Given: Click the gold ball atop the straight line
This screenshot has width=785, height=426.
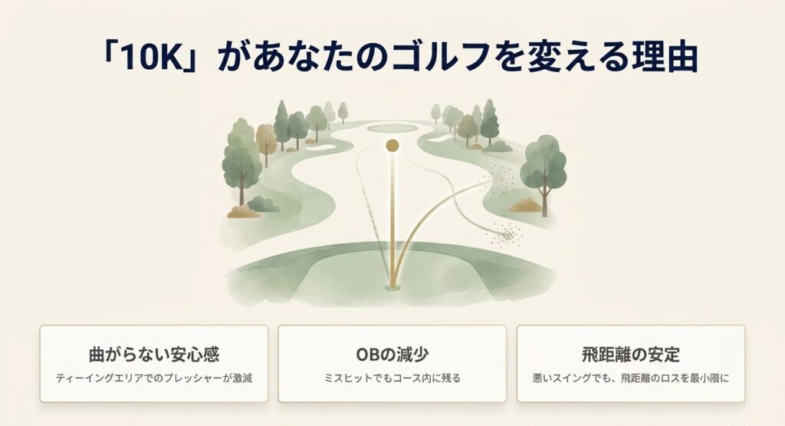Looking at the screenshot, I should tap(392, 145).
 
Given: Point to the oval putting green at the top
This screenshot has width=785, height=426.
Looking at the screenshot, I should tap(392, 127).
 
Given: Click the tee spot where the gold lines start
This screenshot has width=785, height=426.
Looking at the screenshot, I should tap(392, 287).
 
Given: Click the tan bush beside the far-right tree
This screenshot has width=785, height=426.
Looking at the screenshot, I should tap(524, 205).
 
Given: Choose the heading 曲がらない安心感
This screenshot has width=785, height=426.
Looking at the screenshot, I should tap(154, 355).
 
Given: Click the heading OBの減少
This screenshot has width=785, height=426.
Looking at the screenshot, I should tap(392, 355).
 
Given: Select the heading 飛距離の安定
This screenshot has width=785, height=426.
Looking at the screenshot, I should tap(630, 355).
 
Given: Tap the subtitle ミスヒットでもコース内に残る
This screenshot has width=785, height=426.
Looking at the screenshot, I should tap(392, 378).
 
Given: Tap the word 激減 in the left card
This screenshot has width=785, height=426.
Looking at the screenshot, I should tap(241, 378).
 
